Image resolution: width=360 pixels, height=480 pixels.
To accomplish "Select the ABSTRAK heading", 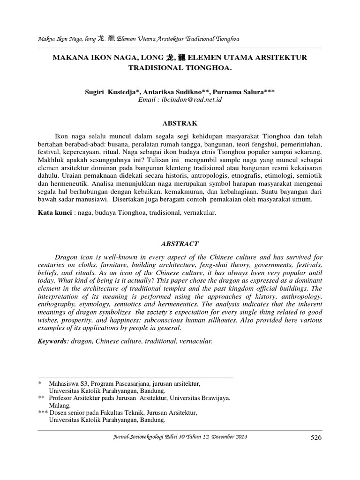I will coord(180,123).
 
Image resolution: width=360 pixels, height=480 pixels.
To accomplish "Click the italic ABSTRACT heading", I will coord(180,244).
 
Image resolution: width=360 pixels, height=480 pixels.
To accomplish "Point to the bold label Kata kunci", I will coord(53,213).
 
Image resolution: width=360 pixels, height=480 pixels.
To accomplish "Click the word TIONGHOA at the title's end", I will coord(210,68).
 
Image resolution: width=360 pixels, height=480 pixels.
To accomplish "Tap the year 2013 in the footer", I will coord(239,437).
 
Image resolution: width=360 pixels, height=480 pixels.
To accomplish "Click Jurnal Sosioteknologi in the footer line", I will coord(137,437).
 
